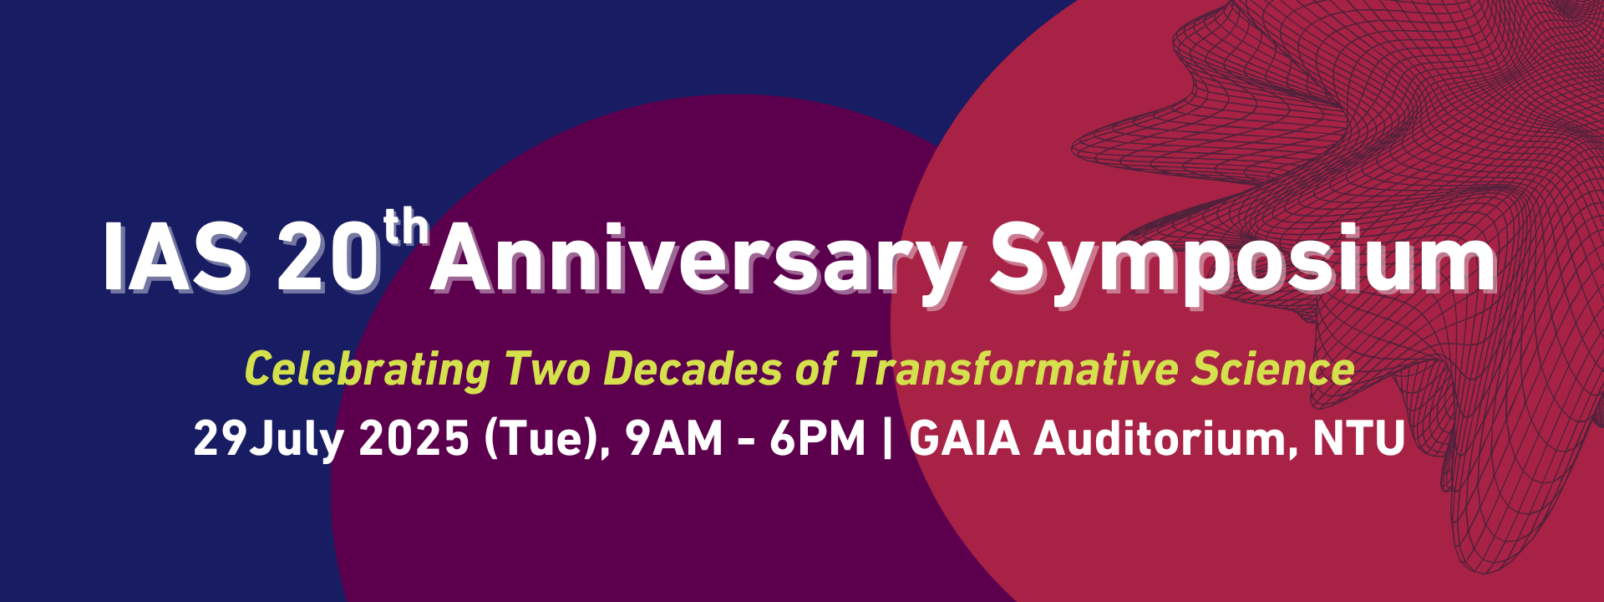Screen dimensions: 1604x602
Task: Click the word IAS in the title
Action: [176, 258]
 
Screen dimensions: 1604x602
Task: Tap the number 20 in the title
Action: [328, 258]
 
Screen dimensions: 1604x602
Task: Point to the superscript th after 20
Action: [407, 227]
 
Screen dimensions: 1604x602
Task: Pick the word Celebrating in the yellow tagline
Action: [368, 370]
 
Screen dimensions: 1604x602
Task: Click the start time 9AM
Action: [674, 439]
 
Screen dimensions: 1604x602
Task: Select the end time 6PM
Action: [818, 439]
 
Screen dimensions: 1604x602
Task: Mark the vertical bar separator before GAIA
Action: [887, 439]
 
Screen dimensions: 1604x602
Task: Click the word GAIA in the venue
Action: [964, 439]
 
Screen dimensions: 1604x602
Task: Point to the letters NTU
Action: [1358, 439]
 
